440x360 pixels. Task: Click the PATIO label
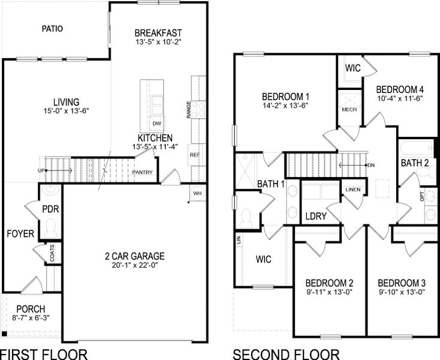point(53,28)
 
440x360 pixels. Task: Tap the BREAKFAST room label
point(158,32)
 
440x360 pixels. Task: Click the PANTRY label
point(142,173)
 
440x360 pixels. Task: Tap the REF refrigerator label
point(195,154)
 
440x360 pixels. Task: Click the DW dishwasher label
point(157,124)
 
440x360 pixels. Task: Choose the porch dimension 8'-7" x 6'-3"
point(31,318)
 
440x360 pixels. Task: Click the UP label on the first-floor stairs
point(41,170)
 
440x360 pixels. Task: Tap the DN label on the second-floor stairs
point(371,165)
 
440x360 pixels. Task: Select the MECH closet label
point(349,110)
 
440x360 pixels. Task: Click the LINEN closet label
point(353,190)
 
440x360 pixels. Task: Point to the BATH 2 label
point(415,163)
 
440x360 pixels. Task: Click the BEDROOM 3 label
point(402,283)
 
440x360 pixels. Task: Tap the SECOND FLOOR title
point(286,354)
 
